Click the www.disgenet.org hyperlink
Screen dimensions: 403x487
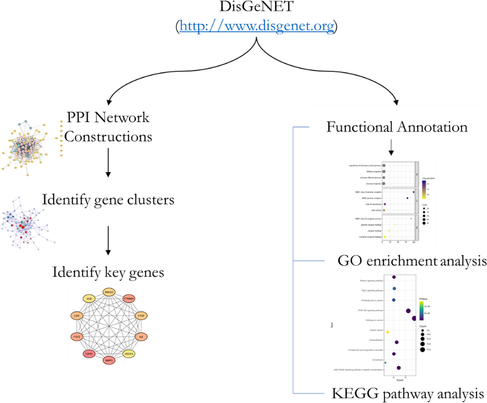point(257,26)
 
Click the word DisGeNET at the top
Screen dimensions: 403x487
point(257,7)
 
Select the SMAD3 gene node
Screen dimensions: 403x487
point(109,292)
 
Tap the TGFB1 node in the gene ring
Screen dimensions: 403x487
point(89,354)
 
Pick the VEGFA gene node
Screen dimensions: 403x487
point(129,354)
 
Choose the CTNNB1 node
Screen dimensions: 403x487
point(129,299)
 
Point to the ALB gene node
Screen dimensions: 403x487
point(89,299)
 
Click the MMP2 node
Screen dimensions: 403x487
point(109,361)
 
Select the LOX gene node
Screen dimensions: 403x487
point(77,316)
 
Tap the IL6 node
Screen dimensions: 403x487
point(141,337)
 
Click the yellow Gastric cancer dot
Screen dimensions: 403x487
point(388,332)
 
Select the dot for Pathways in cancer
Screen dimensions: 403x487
point(414,318)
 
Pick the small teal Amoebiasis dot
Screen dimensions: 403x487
point(385,363)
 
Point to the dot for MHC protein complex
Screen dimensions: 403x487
point(408,198)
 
